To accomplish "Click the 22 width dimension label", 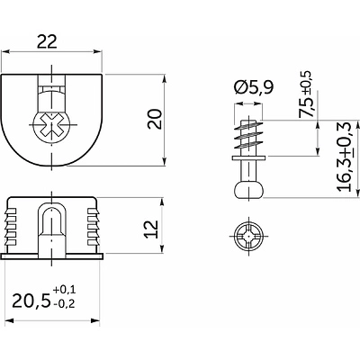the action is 47,42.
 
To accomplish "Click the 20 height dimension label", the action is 155,119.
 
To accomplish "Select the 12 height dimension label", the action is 151,229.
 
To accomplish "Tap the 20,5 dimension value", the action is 31,301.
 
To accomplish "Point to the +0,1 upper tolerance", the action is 64,290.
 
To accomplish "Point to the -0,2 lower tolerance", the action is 64,304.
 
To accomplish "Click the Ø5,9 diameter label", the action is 255,87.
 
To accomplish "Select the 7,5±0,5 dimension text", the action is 306,94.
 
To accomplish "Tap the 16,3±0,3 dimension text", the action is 345,157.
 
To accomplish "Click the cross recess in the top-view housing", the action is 52,124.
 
